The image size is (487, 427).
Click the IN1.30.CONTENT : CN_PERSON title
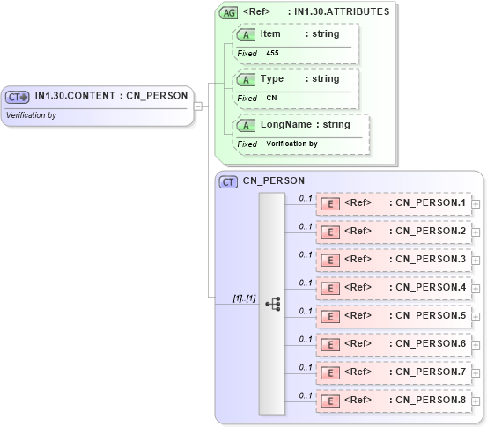point(111,96)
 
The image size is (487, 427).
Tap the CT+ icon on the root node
point(18,97)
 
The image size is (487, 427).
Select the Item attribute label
point(270,33)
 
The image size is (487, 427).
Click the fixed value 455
point(272,54)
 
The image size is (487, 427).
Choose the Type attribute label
point(272,78)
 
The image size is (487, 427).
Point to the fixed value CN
point(271,99)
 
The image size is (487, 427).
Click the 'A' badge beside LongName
point(247,125)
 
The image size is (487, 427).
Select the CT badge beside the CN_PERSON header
point(228,181)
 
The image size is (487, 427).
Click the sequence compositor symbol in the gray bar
point(272,304)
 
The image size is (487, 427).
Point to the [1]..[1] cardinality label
point(244,298)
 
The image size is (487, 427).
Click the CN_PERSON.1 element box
point(394,204)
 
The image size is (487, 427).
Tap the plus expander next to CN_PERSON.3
point(476,261)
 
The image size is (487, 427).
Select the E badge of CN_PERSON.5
point(330,316)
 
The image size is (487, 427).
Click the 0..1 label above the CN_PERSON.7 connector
point(306,367)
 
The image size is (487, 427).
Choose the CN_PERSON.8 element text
point(431,401)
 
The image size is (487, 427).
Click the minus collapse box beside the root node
point(198,107)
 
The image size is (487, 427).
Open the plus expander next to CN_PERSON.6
point(476,344)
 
